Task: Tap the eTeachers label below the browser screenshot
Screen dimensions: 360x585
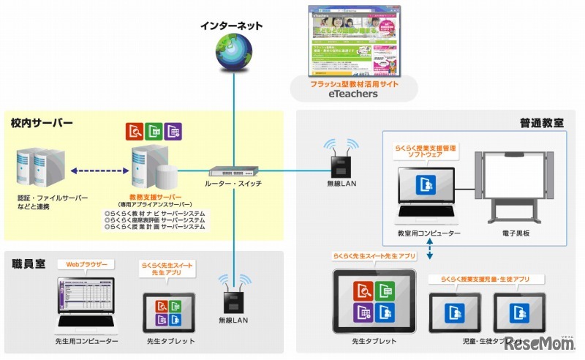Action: pyautogui.click(x=354, y=94)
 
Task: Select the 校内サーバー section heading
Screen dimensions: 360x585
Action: pyautogui.click(x=42, y=123)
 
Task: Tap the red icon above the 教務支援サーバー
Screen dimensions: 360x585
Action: pyautogui.click(x=135, y=131)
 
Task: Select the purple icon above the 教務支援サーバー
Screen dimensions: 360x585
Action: pyautogui.click(x=173, y=131)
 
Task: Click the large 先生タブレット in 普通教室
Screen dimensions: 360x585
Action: pyautogui.click(x=374, y=301)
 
